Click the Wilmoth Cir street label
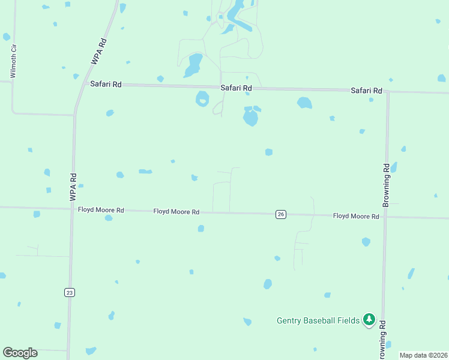[13, 60]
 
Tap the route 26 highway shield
[280, 214]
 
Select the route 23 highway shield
[69, 292]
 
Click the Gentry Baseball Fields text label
[318, 320]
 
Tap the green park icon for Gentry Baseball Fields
[370, 319]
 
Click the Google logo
[20, 353]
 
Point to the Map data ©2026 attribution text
[423, 355]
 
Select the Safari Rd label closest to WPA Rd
[106, 85]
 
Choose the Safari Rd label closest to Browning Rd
[366, 91]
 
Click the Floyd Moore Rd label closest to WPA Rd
[101, 210]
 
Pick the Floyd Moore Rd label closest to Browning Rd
[356, 216]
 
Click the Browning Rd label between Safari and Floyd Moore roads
[387, 185]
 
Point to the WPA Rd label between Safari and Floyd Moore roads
[73, 187]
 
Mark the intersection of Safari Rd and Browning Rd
[388, 92]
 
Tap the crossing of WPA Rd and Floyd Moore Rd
[73, 209]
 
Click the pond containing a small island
[202, 98]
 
